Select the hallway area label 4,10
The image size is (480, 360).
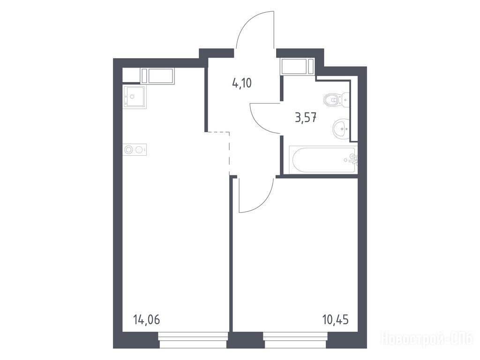coord(242,83)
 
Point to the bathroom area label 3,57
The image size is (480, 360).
coord(306,118)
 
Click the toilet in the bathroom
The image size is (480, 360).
coord(336,99)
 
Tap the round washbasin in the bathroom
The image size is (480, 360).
coord(341,128)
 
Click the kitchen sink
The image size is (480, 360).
coord(135,97)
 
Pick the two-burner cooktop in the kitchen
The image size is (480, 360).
coord(135,150)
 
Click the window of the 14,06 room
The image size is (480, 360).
coord(193,340)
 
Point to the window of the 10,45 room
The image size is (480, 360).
coord(296,340)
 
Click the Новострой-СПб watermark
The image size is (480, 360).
coord(427,339)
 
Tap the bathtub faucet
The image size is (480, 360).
coord(354,159)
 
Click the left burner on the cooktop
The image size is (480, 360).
coord(129,150)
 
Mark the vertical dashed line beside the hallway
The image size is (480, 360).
coord(229,153)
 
